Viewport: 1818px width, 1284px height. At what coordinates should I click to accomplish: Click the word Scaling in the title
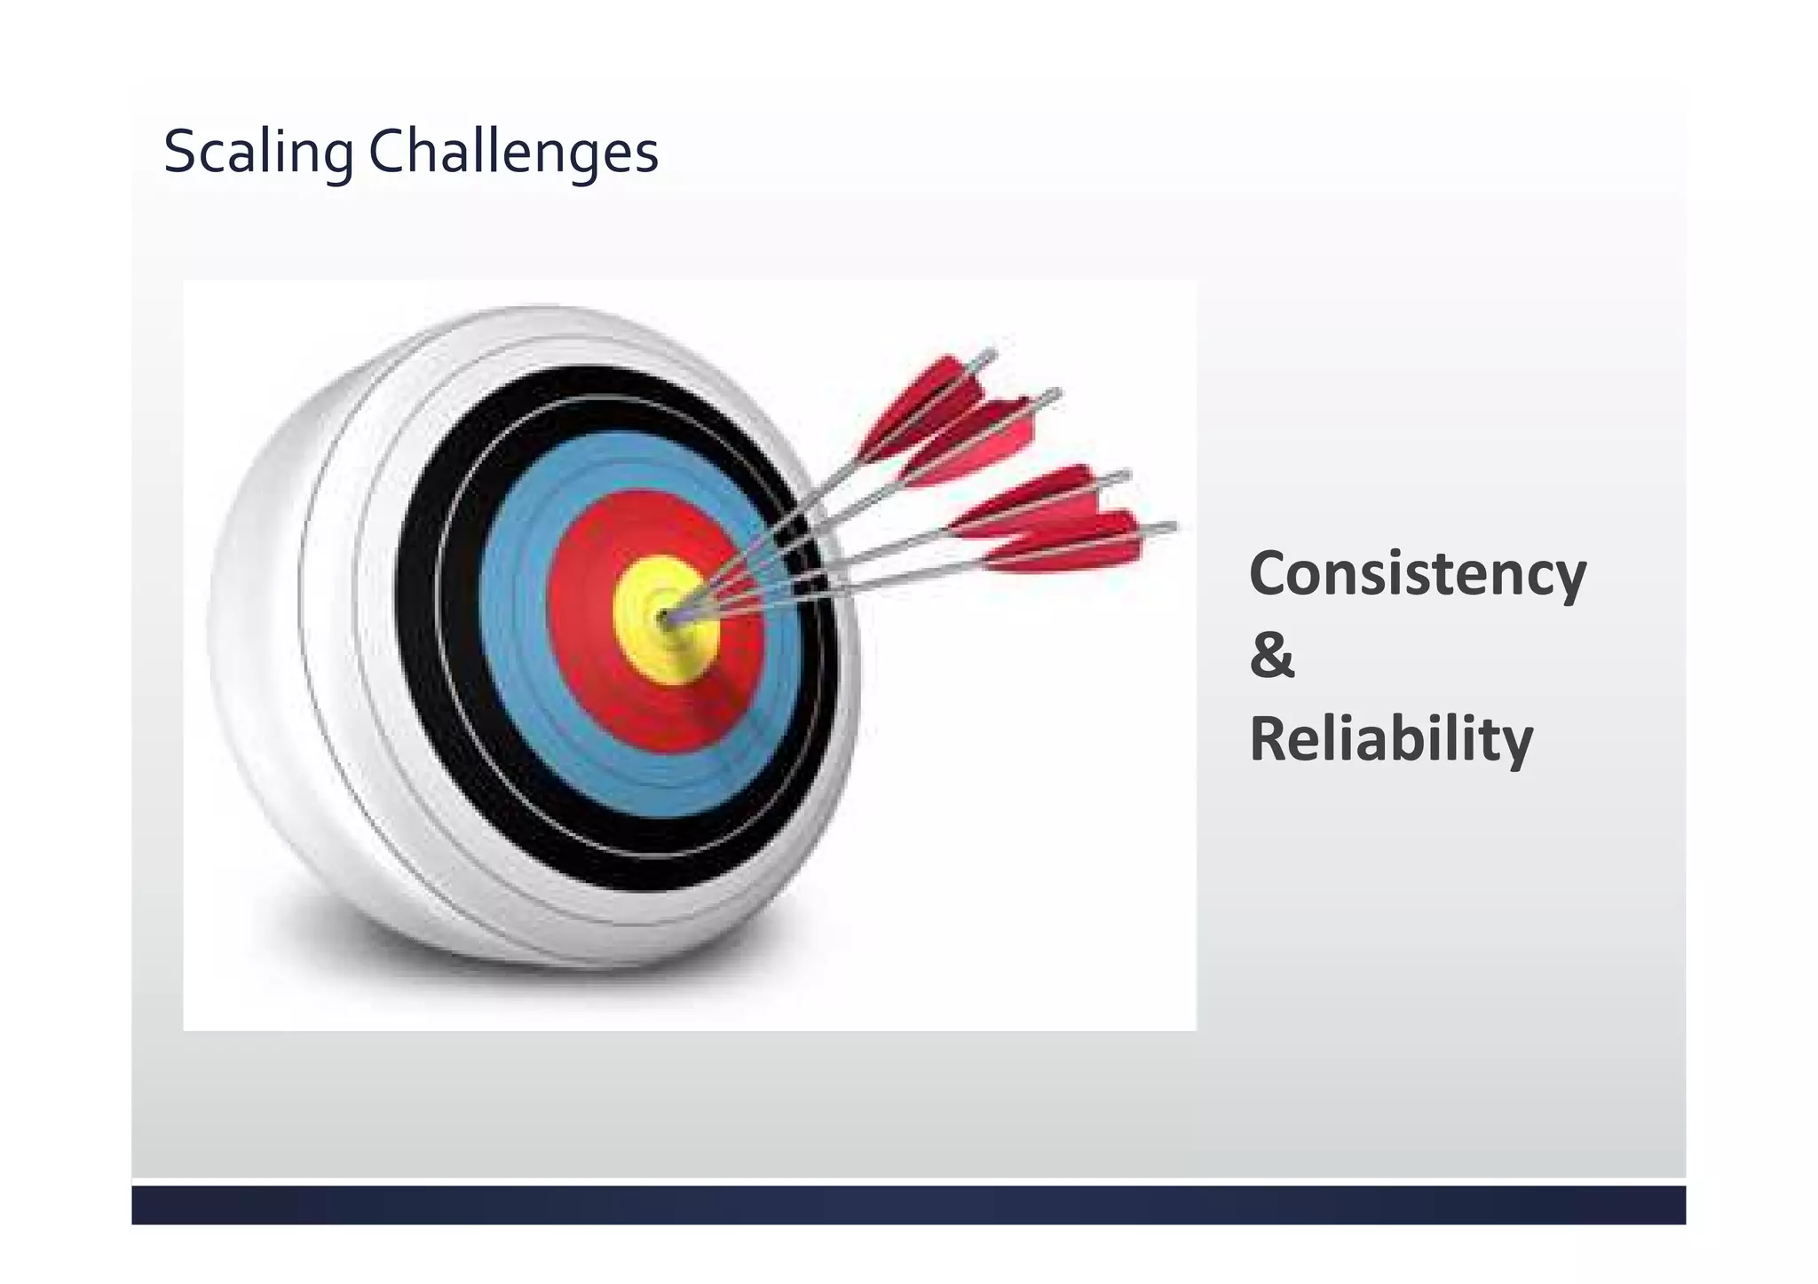pyautogui.click(x=257, y=153)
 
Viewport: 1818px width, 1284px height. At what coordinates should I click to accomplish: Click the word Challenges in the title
pyautogui.click(x=513, y=153)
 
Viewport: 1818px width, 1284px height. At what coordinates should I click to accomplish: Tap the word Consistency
pyautogui.click(x=1417, y=575)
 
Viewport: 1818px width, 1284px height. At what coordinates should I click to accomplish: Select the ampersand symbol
pyautogui.click(x=1271, y=657)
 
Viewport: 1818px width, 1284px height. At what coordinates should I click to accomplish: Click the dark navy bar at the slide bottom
pyautogui.click(x=908, y=1204)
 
